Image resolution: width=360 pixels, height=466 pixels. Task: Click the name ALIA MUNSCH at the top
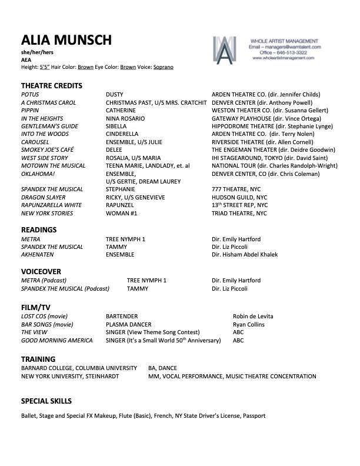pyautogui.click(x=66, y=41)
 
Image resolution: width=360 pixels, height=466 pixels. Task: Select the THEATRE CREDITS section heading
pyautogui.click(x=52, y=85)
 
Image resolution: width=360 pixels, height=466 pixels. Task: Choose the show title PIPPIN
pyautogui.click(x=30, y=109)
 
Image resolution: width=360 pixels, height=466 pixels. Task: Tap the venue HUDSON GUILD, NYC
pyautogui.click(x=239, y=197)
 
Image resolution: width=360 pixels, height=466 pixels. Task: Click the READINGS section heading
pyautogui.click(x=39, y=229)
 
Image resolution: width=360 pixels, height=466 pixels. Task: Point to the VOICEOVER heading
pyautogui.click(x=41, y=272)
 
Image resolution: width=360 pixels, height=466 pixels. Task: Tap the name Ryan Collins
pyautogui.click(x=249, y=325)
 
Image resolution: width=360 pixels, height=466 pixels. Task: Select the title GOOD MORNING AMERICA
pyautogui.click(x=57, y=340)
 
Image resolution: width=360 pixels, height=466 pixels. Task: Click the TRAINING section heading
pyautogui.click(x=38, y=359)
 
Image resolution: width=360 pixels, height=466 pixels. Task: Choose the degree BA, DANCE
pyautogui.click(x=162, y=368)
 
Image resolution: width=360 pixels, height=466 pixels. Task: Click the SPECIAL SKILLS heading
pyautogui.click(x=46, y=401)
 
